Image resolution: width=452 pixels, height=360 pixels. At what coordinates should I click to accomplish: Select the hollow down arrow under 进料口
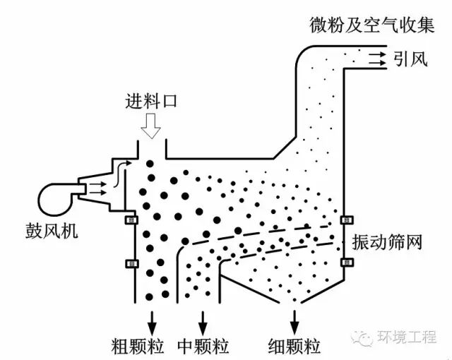(150, 126)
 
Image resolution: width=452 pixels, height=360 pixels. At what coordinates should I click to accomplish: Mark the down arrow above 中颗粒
(203, 318)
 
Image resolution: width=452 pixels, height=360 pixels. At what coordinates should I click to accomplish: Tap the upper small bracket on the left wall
(131, 220)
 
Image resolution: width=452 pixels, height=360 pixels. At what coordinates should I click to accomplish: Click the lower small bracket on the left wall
(131, 263)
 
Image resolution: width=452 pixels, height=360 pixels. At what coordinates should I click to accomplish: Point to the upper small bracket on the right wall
(345, 220)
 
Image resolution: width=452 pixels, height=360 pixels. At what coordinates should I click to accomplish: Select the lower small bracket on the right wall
(345, 263)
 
